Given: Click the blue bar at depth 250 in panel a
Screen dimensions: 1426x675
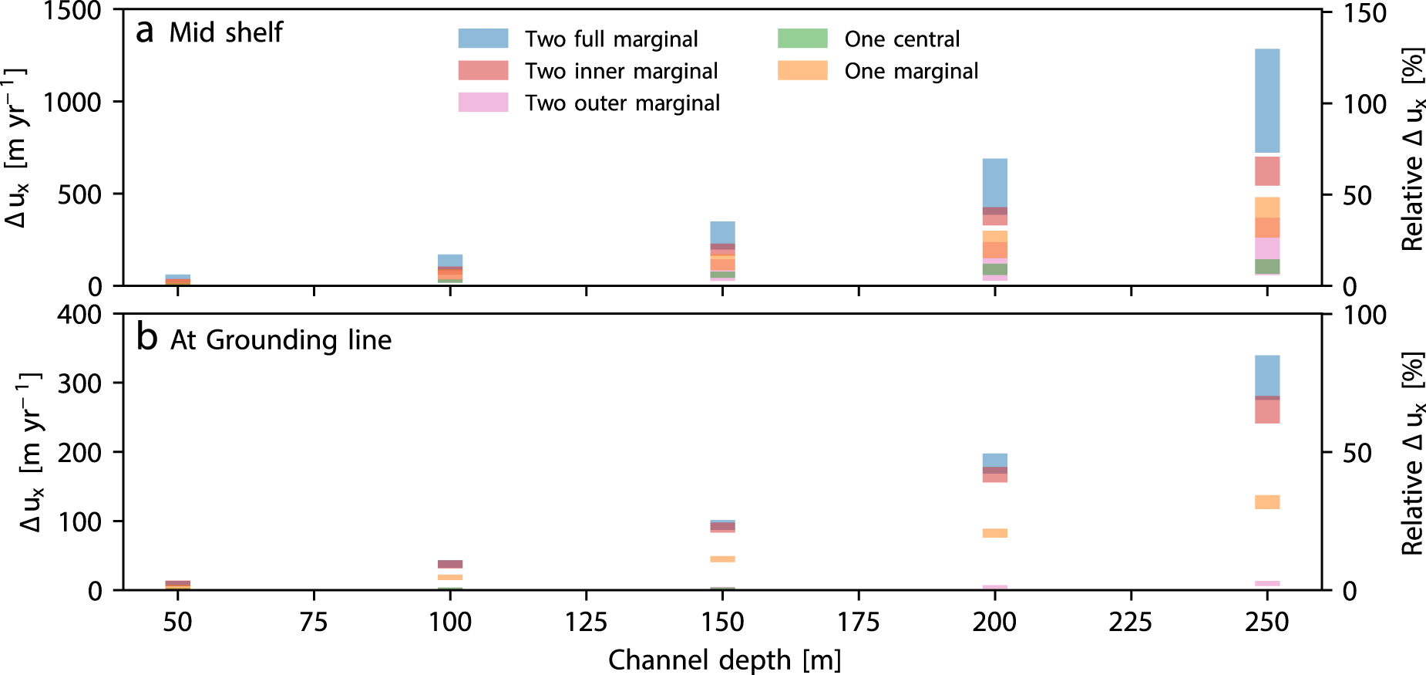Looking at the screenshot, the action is (1267, 100).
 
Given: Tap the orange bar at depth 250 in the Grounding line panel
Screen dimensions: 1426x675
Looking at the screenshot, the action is (1267, 502).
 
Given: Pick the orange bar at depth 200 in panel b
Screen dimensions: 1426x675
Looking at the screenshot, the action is (994, 533).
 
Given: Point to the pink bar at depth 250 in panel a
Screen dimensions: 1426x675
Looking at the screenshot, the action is (1267, 248).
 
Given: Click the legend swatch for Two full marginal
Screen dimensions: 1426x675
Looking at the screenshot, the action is (483, 39).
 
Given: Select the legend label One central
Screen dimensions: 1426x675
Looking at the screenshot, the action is (902, 39).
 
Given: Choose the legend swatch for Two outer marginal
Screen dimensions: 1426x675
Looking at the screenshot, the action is (483, 103).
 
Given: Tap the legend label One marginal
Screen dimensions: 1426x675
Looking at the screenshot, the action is (911, 71).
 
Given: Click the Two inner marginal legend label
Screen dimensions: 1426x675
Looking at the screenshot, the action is (621, 71).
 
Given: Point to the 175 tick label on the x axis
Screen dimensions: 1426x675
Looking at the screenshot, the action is (859, 621).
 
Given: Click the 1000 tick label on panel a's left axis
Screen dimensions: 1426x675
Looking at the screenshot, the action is (72, 102).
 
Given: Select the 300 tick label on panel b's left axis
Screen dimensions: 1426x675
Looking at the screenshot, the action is (79, 383).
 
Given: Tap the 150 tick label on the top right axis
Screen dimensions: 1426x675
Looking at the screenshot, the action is (1364, 13).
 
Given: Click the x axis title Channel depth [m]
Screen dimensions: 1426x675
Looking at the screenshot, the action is (724, 660).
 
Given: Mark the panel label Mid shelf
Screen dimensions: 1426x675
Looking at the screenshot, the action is (226, 32).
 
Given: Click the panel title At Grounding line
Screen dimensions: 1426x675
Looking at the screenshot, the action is (281, 340).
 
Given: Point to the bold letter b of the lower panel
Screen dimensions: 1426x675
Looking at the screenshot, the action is (146, 337).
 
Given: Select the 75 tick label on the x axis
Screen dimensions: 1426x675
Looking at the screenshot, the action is (314, 621).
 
